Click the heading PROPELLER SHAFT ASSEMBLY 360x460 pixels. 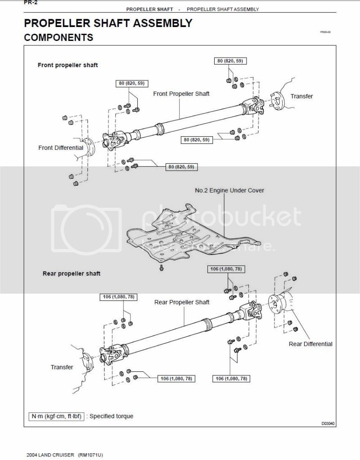tap(108, 23)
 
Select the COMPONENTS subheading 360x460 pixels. tap(58, 38)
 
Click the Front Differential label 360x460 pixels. tap(61, 147)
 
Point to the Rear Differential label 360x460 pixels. tap(310, 344)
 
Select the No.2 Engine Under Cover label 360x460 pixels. tap(229, 190)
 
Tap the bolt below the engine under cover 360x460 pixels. tap(161, 268)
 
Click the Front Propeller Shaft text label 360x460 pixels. tap(181, 94)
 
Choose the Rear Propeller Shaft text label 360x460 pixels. tap(182, 302)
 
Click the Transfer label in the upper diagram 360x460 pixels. tap(301, 96)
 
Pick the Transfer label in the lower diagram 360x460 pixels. tap(62, 367)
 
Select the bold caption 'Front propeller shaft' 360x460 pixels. tap(67, 65)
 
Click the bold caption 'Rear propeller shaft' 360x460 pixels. tap(72, 273)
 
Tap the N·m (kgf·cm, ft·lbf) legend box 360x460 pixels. tap(56, 416)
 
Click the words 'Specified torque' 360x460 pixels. tap(111, 416)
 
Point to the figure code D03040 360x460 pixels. tap(328, 424)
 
